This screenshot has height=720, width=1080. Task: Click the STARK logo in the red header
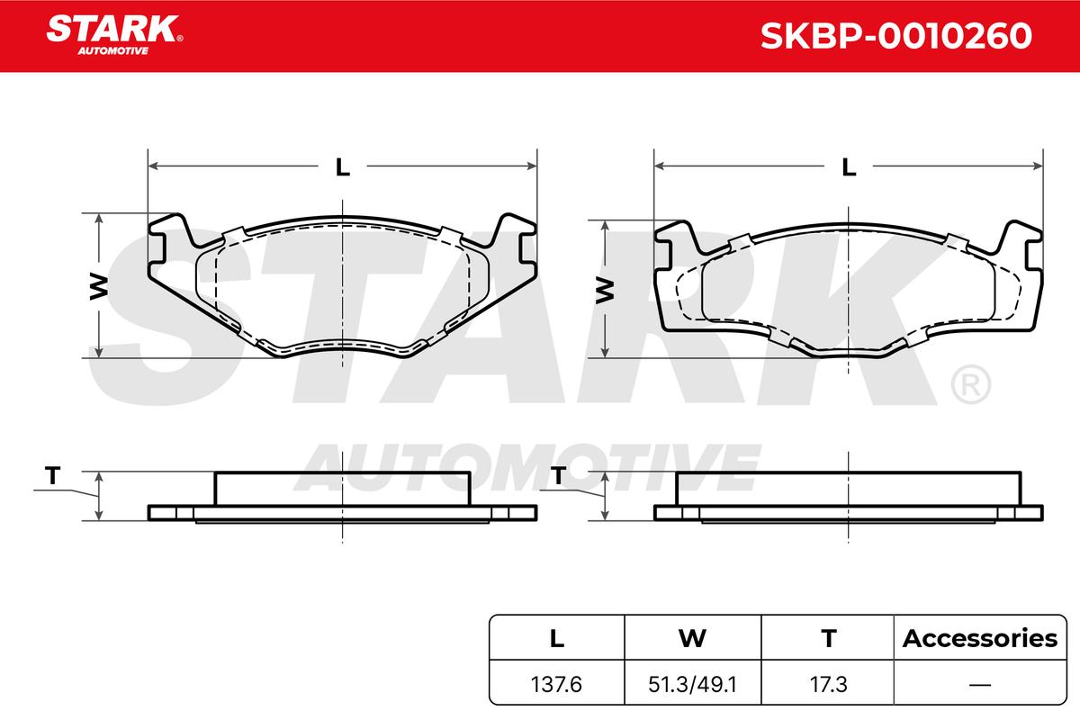click(114, 35)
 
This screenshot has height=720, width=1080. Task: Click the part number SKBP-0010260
click(895, 36)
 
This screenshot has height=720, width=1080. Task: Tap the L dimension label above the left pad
click(342, 166)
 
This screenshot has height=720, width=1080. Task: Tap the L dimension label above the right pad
click(849, 166)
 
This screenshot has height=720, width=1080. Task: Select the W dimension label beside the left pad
click(99, 286)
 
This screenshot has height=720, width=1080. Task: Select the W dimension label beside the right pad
click(605, 290)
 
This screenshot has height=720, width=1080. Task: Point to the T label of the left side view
click(52, 475)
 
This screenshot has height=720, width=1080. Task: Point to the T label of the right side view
click(558, 475)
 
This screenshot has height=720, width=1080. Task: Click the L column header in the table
click(557, 638)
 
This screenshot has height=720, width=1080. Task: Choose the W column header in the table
click(692, 638)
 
